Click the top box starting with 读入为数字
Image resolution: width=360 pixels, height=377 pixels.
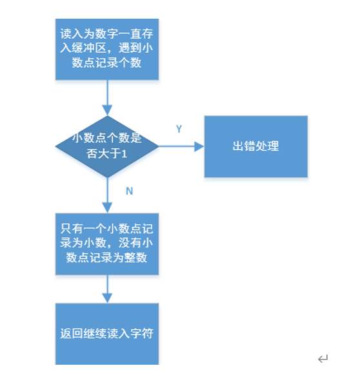click(106, 49)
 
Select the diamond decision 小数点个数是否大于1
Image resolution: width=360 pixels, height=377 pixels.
click(106, 146)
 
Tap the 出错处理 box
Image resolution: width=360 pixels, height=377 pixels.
click(255, 146)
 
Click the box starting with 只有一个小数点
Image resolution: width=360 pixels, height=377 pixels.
click(106, 244)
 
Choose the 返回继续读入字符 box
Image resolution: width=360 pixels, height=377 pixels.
click(106, 334)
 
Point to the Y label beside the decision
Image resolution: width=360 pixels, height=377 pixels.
click(179, 129)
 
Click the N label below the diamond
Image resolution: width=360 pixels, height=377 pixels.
click(129, 191)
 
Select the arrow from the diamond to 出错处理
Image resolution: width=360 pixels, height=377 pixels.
click(181, 146)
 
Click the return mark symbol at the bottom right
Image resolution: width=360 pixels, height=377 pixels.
click(323, 358)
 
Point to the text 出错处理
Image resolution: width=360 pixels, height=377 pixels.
click(255, 146)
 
